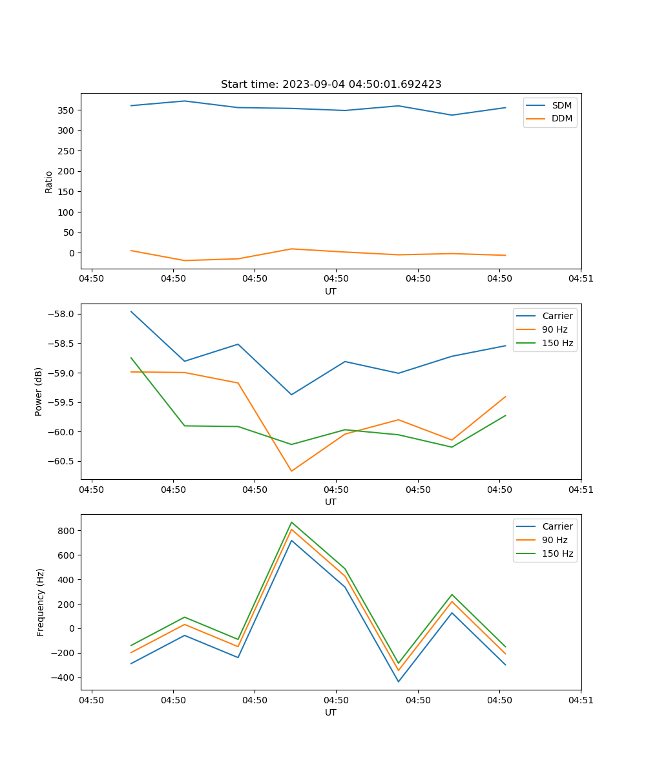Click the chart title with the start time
331,85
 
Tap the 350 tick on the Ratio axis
67,110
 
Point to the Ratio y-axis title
49,182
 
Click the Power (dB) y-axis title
39,391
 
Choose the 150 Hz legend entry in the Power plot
557,343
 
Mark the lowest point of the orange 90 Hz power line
291,471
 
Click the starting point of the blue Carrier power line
131,311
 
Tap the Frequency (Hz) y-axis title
40,602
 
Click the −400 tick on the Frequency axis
64,677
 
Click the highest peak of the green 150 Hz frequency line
291,522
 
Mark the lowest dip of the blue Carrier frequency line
398,681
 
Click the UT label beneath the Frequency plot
331,712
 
